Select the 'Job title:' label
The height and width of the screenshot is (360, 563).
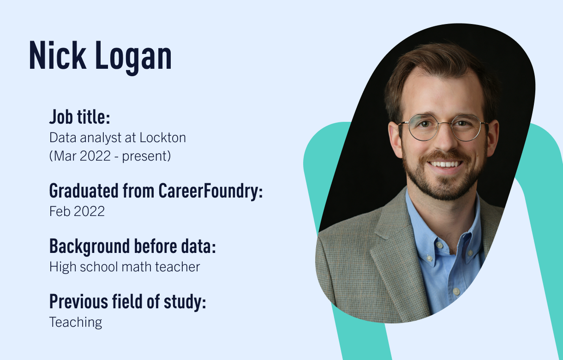pyautogui.click(x=79, y=117)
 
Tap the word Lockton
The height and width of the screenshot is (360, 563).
pyautogui.click(x=162, y=138)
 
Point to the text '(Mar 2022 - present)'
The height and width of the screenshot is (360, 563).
pyautogui.click(x=110, y=156)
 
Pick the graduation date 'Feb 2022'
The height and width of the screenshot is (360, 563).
pyautogui.click(x=77, y=211)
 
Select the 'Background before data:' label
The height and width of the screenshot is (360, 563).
pyautogui.click(x=132, y=246)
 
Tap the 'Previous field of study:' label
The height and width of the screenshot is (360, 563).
pyautogui.click(x=127, y=302)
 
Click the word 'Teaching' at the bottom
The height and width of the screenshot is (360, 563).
pyautogui.click(x=76, y=322)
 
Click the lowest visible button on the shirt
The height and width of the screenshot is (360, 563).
pyautogui.click(x=455, y=292)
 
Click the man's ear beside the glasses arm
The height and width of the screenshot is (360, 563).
pyautogui.click(x=395, y=136)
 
